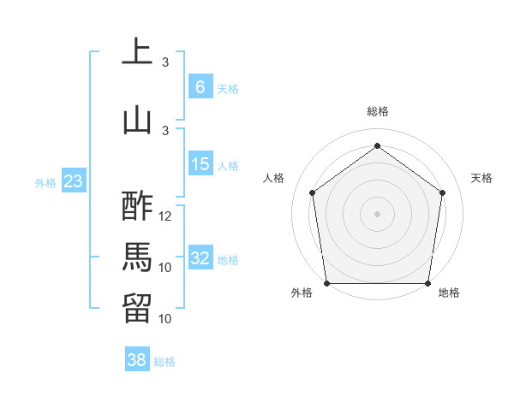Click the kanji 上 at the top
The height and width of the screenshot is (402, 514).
pos(137,50)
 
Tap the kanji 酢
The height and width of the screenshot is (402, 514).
pos(137,206)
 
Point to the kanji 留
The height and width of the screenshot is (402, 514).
pos(137,309)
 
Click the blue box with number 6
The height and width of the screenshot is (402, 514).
pos(200,86)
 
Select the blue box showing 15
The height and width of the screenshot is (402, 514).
pos(200,164)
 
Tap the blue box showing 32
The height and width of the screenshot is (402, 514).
pos(200,258)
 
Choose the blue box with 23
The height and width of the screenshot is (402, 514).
pos(73,181)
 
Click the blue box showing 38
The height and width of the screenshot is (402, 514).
pos(137,360)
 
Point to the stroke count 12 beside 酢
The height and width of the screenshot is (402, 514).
pos(166,216)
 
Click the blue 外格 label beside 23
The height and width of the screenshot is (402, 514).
pos(45,182)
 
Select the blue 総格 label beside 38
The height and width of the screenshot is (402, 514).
pos(164,362)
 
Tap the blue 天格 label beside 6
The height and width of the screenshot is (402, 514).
pos(227,88)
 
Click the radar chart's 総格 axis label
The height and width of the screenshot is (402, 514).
pos(377,111)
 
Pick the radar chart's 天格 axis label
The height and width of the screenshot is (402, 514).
pos(481,178)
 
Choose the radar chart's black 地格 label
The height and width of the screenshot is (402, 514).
pos(448,293)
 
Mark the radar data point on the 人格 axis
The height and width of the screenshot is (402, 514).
pos(312,192)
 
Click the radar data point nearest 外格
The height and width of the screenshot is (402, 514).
pos(326,283)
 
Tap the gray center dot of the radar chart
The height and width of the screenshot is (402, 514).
pos(377,213)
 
